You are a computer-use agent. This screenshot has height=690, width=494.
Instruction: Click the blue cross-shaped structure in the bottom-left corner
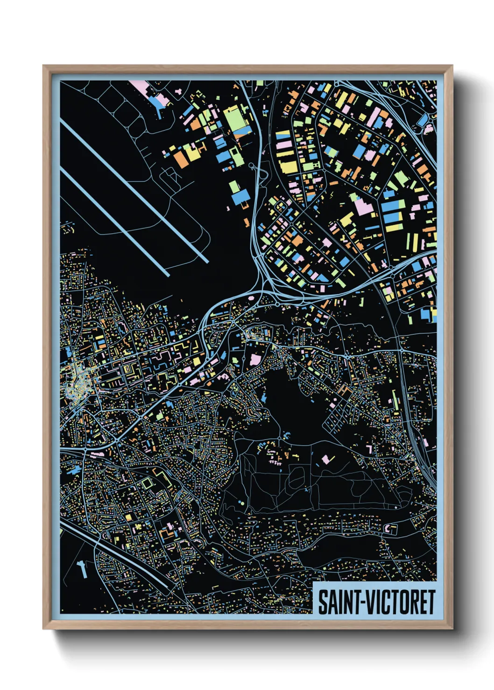[82, 568]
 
